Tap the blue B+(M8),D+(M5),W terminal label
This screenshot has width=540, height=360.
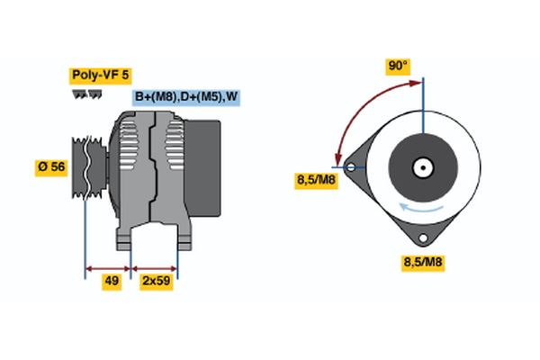187,96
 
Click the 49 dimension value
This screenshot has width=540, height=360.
111,282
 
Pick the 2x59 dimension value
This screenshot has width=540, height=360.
155,282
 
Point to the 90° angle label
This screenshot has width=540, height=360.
398,66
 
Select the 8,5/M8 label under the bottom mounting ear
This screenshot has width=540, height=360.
422,262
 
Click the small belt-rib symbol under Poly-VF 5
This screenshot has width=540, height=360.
87,94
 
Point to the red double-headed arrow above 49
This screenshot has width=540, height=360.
109,267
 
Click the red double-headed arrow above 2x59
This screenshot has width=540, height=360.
155,267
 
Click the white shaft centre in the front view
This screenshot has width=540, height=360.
422,166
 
